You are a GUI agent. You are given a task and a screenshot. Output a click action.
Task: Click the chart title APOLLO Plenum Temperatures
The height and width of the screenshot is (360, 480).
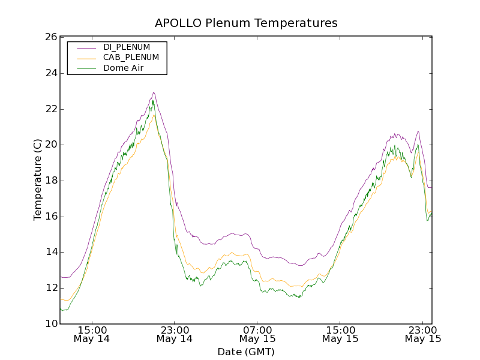246,23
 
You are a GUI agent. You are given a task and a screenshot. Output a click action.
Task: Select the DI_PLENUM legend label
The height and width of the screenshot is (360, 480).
127,47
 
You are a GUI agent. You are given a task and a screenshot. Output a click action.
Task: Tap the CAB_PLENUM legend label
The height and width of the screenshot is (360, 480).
131,58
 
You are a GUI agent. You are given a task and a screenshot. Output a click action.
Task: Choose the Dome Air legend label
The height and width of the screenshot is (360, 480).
123,68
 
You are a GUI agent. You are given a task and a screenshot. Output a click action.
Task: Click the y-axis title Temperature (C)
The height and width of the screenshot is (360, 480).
38,179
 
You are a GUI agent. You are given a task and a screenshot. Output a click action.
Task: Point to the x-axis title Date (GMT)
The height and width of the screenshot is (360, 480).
246,352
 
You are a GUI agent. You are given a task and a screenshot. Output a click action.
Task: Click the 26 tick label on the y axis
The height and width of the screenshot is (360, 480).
50,37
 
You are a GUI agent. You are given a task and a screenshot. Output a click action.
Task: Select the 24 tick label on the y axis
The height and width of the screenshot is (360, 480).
50,73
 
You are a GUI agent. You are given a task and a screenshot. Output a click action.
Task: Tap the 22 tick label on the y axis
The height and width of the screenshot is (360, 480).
50,109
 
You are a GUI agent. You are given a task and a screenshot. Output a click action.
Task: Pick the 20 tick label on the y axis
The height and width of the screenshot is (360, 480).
50,145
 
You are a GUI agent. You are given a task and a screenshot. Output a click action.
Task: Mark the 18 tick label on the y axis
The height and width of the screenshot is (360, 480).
50,181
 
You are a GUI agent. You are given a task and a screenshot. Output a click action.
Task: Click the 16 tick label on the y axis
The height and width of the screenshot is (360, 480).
50,217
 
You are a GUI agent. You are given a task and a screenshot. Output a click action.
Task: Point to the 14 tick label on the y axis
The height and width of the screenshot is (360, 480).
50,252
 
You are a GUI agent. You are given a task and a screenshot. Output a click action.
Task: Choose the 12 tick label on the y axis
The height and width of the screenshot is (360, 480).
50,288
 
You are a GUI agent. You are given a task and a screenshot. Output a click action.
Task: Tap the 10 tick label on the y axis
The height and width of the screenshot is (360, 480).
50,324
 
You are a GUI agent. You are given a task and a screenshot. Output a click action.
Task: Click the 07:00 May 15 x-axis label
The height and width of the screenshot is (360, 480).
258,334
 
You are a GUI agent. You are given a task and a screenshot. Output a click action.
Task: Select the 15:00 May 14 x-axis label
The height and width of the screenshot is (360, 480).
92,334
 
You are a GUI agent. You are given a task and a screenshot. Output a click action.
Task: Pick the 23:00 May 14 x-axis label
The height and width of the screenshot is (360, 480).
175,334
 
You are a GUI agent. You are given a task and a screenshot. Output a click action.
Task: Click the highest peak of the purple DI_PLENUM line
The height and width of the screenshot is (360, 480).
154,92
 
